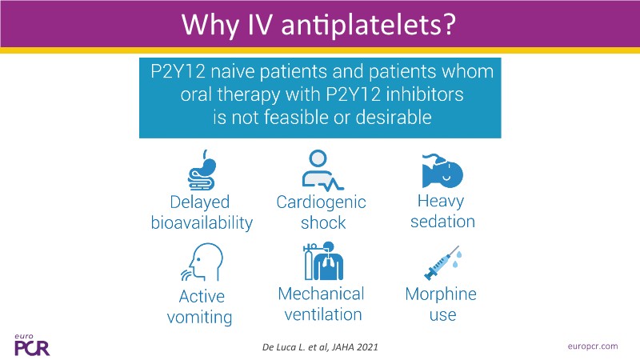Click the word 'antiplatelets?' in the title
[368, 26]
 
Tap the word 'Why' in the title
[210, 26]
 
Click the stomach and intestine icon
[202, 170]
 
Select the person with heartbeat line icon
[322, 170]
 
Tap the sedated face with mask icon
[442, 170]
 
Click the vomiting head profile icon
[202, 262]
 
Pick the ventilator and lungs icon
[323, 261]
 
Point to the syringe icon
[443, 263]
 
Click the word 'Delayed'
[199, 202]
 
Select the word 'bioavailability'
[202, 223]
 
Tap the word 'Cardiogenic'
[322, 202]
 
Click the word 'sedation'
[443, 222]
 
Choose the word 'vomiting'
[199, 317]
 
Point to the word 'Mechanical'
[322, 294]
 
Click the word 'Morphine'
[441, 294]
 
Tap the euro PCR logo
[32, 346]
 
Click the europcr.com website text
[593, 346]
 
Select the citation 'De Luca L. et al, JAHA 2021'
[320, 347]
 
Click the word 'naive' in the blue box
[233, 72]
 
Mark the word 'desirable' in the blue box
[394, 118]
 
